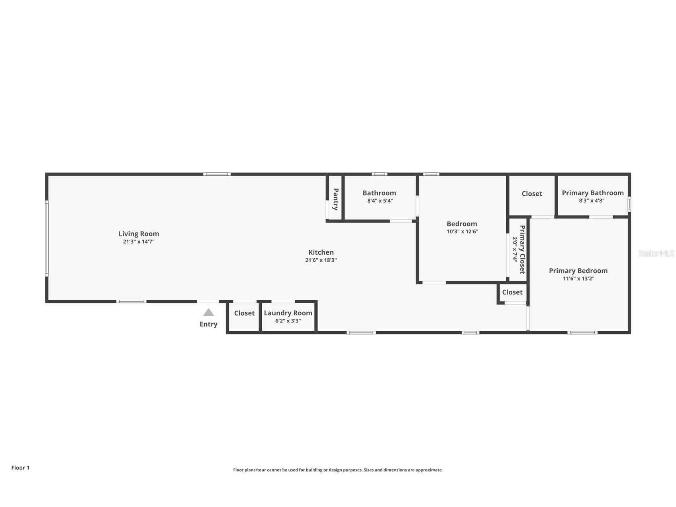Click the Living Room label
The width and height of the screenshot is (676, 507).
tap(139, 234)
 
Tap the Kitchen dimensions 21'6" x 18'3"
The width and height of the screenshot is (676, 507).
tap(321, 260)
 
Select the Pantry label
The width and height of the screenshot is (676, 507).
tap(335, 199)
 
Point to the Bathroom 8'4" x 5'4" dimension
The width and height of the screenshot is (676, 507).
tap(380, 201)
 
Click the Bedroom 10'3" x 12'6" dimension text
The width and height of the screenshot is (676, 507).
tap(462, 232)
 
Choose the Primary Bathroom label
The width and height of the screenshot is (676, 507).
tap(592, 193)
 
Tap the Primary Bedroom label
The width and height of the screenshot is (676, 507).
tap(578, 271)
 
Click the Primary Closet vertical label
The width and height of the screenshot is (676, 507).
tap(522, 250)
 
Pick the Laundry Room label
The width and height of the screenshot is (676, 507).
tap(288, 313)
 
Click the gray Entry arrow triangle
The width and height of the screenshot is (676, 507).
tap(208, 312)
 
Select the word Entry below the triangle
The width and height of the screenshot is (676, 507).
tap(208, 324)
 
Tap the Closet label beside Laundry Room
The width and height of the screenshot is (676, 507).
tap(244, 313)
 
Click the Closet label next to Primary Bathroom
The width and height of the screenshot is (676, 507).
tap(532, 194)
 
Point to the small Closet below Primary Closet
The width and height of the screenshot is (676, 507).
tap(512, 292)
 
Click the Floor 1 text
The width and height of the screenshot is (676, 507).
tap(20, 468)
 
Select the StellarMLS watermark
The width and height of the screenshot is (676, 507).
tap(656, 253)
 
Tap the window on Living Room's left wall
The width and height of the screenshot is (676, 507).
tap(47, 238)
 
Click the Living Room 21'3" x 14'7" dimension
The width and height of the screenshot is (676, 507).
tap(139, 242)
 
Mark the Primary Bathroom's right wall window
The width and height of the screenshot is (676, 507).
tap(629, 204)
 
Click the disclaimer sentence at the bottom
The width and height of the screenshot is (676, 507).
tap(338, 470)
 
